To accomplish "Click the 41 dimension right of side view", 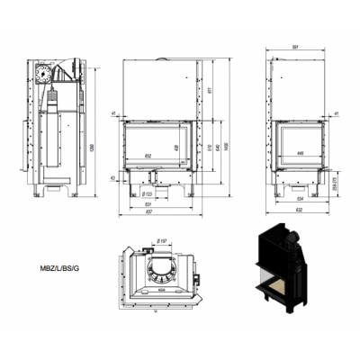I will tap(335, 113).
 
